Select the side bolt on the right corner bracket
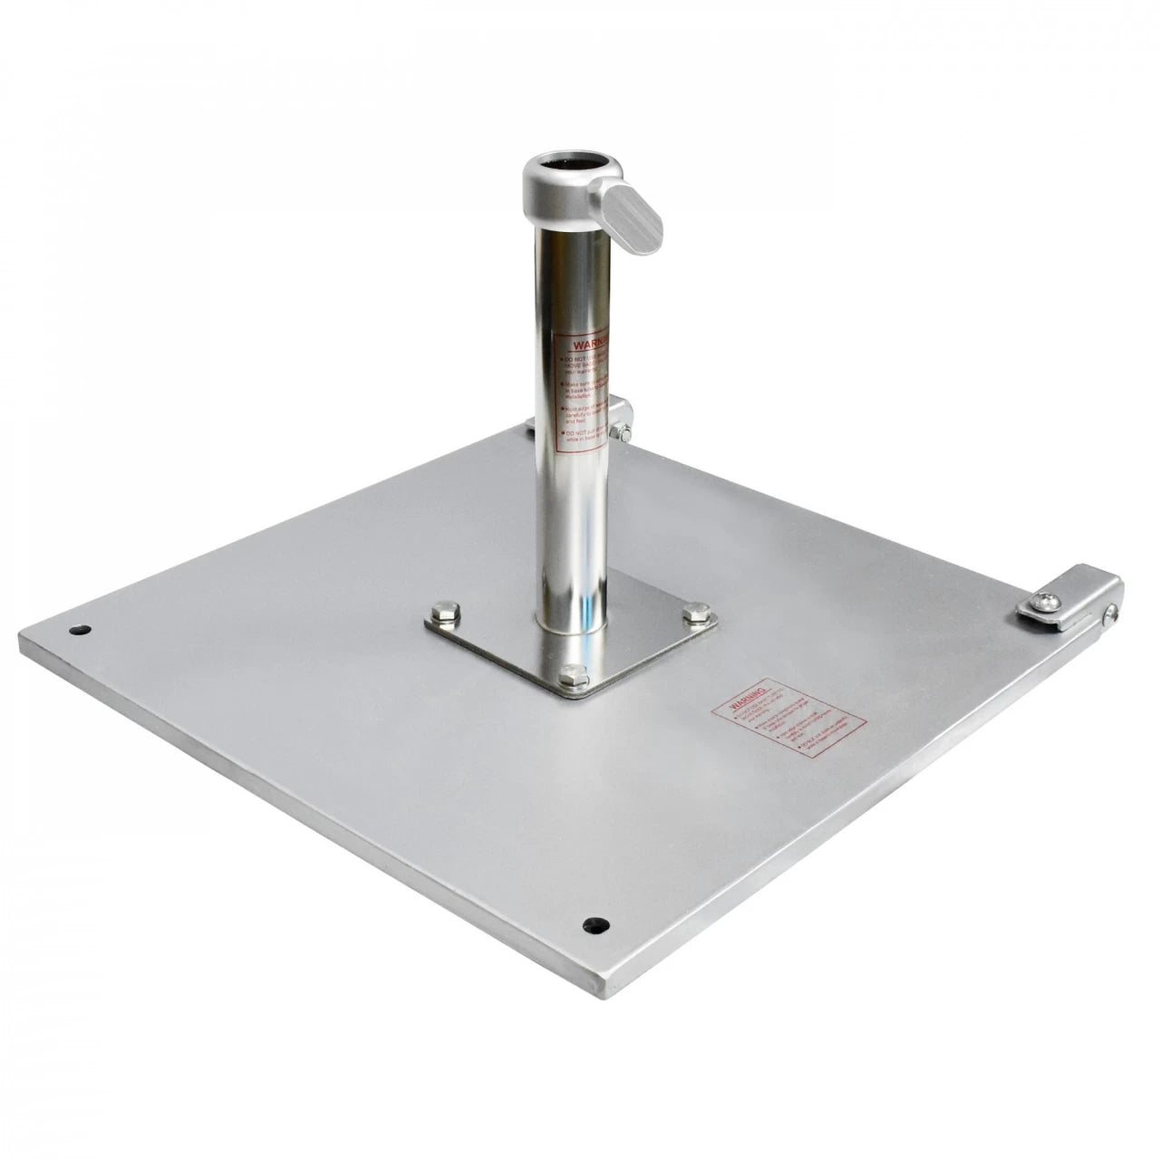(x=1107, y=615)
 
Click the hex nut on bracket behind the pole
(x=621, y=430)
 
